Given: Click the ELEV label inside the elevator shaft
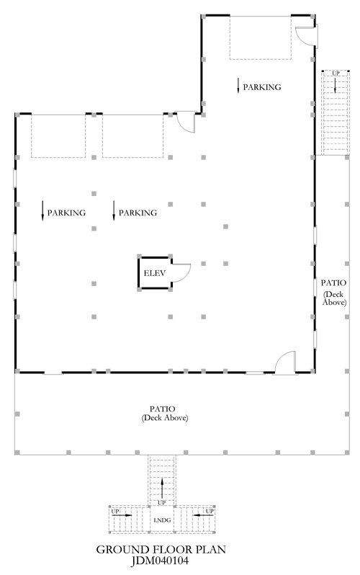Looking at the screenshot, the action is coord(154,273).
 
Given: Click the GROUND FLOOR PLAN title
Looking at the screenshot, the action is coord(161,549).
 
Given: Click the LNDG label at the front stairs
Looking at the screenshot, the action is coord(162,520).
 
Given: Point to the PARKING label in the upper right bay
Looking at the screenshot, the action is coord(262,87).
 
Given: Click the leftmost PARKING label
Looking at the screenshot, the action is coord(66,213).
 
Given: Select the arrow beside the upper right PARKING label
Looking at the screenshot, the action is coord(238,85).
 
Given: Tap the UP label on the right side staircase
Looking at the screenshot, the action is coord(336,73).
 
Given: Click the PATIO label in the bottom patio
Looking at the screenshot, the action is coord(162,409).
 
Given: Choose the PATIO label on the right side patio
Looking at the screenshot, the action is coord(333,282).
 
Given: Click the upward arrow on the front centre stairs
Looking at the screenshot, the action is coord(162,488).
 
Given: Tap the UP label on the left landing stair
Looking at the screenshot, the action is coord(115,511).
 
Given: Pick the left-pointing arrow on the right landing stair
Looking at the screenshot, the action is coord(203,515).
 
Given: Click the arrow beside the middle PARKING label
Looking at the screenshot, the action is coord(114,211).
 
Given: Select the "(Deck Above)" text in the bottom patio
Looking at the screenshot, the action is coord(165,418).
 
